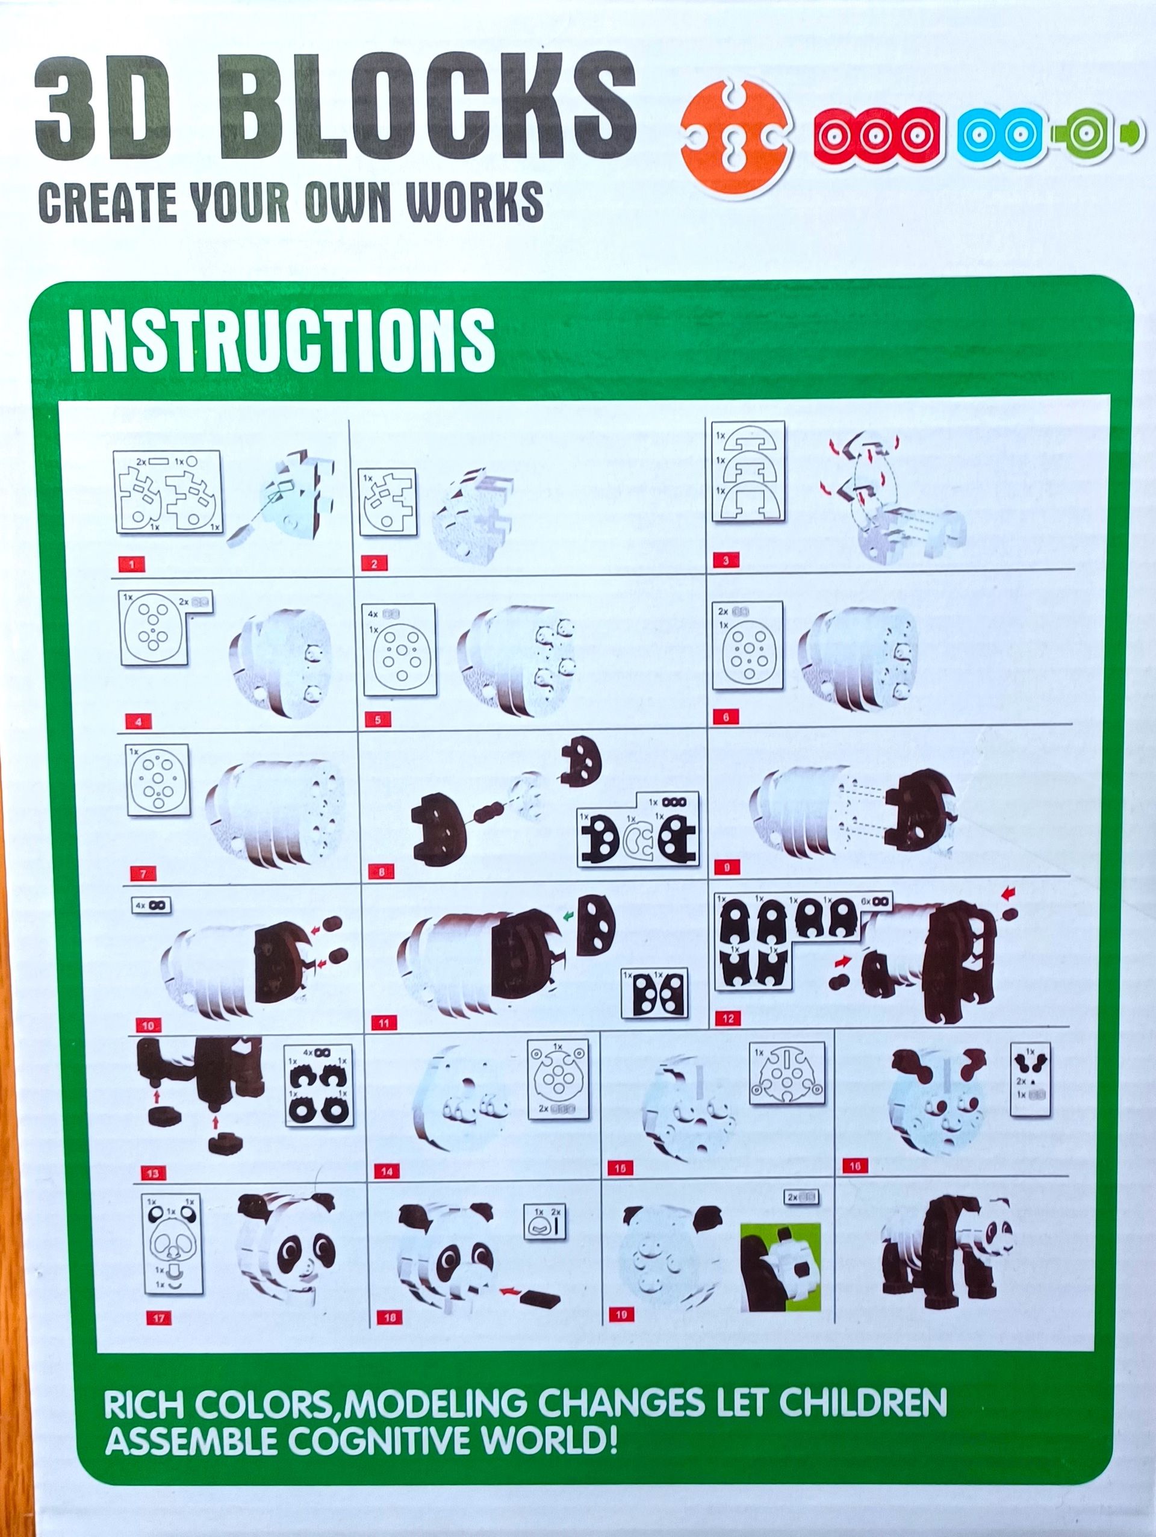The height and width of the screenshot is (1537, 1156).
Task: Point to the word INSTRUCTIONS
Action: tap(281, 340)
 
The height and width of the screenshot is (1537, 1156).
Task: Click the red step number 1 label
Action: tap(131, 564)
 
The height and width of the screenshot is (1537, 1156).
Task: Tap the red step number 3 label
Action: tap(726, 560)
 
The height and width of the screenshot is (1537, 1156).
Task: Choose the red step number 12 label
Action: tap(727, 1018)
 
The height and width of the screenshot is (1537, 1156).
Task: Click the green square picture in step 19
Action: tap(780, 1267)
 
